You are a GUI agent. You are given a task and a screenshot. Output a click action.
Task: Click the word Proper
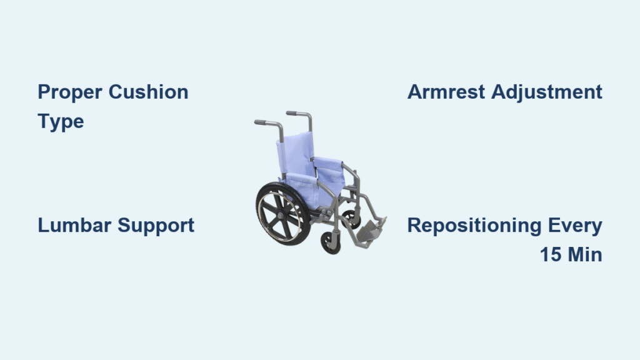pyautogui.click(x=70, y=92)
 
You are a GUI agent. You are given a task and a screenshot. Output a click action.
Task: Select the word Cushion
pyautogui.click(x=148, y=92)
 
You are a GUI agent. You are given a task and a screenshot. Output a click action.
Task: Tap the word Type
pyautogui.click(x=61, y=121)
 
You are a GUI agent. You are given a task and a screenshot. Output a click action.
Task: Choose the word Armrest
pyautogui.click(x=446, y=92)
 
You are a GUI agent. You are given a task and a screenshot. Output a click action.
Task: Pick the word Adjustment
pyautogui.click(x=546, y=92)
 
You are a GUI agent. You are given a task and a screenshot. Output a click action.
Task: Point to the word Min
pyautogui.click(x=586, y=254)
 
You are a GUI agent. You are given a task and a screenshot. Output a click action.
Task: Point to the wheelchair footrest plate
pyautogui.click(x=369, y=230)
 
